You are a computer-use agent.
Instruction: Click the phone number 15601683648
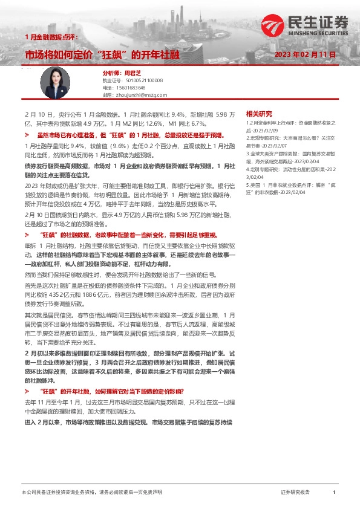pyautogui.click(x=137, y=87)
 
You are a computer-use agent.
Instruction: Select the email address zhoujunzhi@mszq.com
pyautogui.click(x=143, y=95)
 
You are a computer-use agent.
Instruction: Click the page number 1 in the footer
pyautogui.click(x=334, y=493)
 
